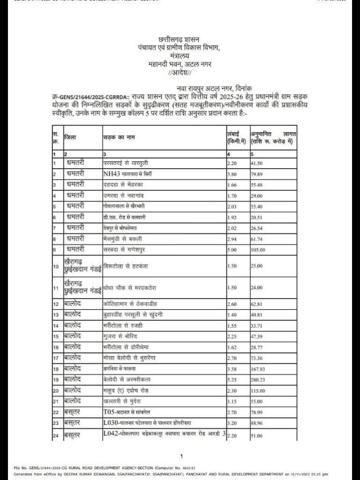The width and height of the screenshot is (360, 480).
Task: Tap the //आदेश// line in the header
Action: pyautogui.click(x=180, y=73)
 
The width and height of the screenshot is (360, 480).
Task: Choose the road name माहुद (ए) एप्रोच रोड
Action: pyautogui.click(x=126, y=390)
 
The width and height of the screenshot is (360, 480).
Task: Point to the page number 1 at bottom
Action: pyautogui.click(x=181, y=456)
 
